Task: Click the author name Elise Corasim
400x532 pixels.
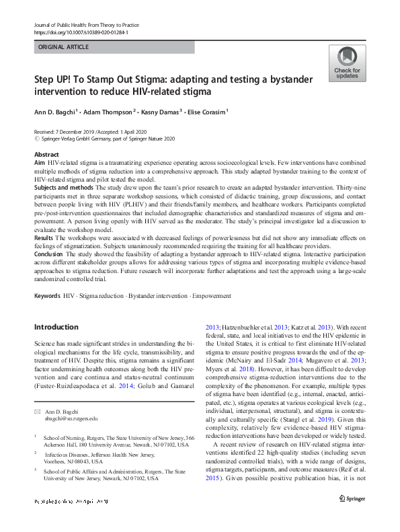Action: (206, 111)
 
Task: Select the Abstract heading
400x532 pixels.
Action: (46, 154)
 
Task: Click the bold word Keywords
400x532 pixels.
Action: (47, 296)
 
